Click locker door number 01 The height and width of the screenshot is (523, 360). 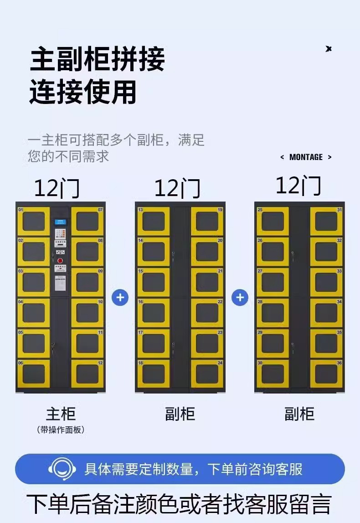tap(34, 221)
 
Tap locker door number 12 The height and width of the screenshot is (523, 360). tap(87, 374)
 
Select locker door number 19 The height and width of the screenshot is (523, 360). tap(207, 221)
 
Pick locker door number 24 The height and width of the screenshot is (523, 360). tap(207, 374)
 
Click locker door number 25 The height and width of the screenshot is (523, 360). tap(273, 221)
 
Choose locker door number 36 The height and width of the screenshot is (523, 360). tap(326, 374)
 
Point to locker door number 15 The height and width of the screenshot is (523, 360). tap(153, 282)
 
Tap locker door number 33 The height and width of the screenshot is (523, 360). tap(326, 282)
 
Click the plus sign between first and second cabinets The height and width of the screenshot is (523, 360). tap(120, 298)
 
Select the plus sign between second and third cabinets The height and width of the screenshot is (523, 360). tap(240, 298)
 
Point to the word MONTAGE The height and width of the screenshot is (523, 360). tap(306, 157)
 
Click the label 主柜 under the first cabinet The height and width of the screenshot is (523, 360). tap(61, 414)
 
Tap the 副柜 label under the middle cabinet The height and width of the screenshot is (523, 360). tap(180, 414)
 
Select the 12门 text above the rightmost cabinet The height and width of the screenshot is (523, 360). tap(298, 186)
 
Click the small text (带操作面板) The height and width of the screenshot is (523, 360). tap(61, 430)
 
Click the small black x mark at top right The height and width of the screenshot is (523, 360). tap(329, 49)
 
